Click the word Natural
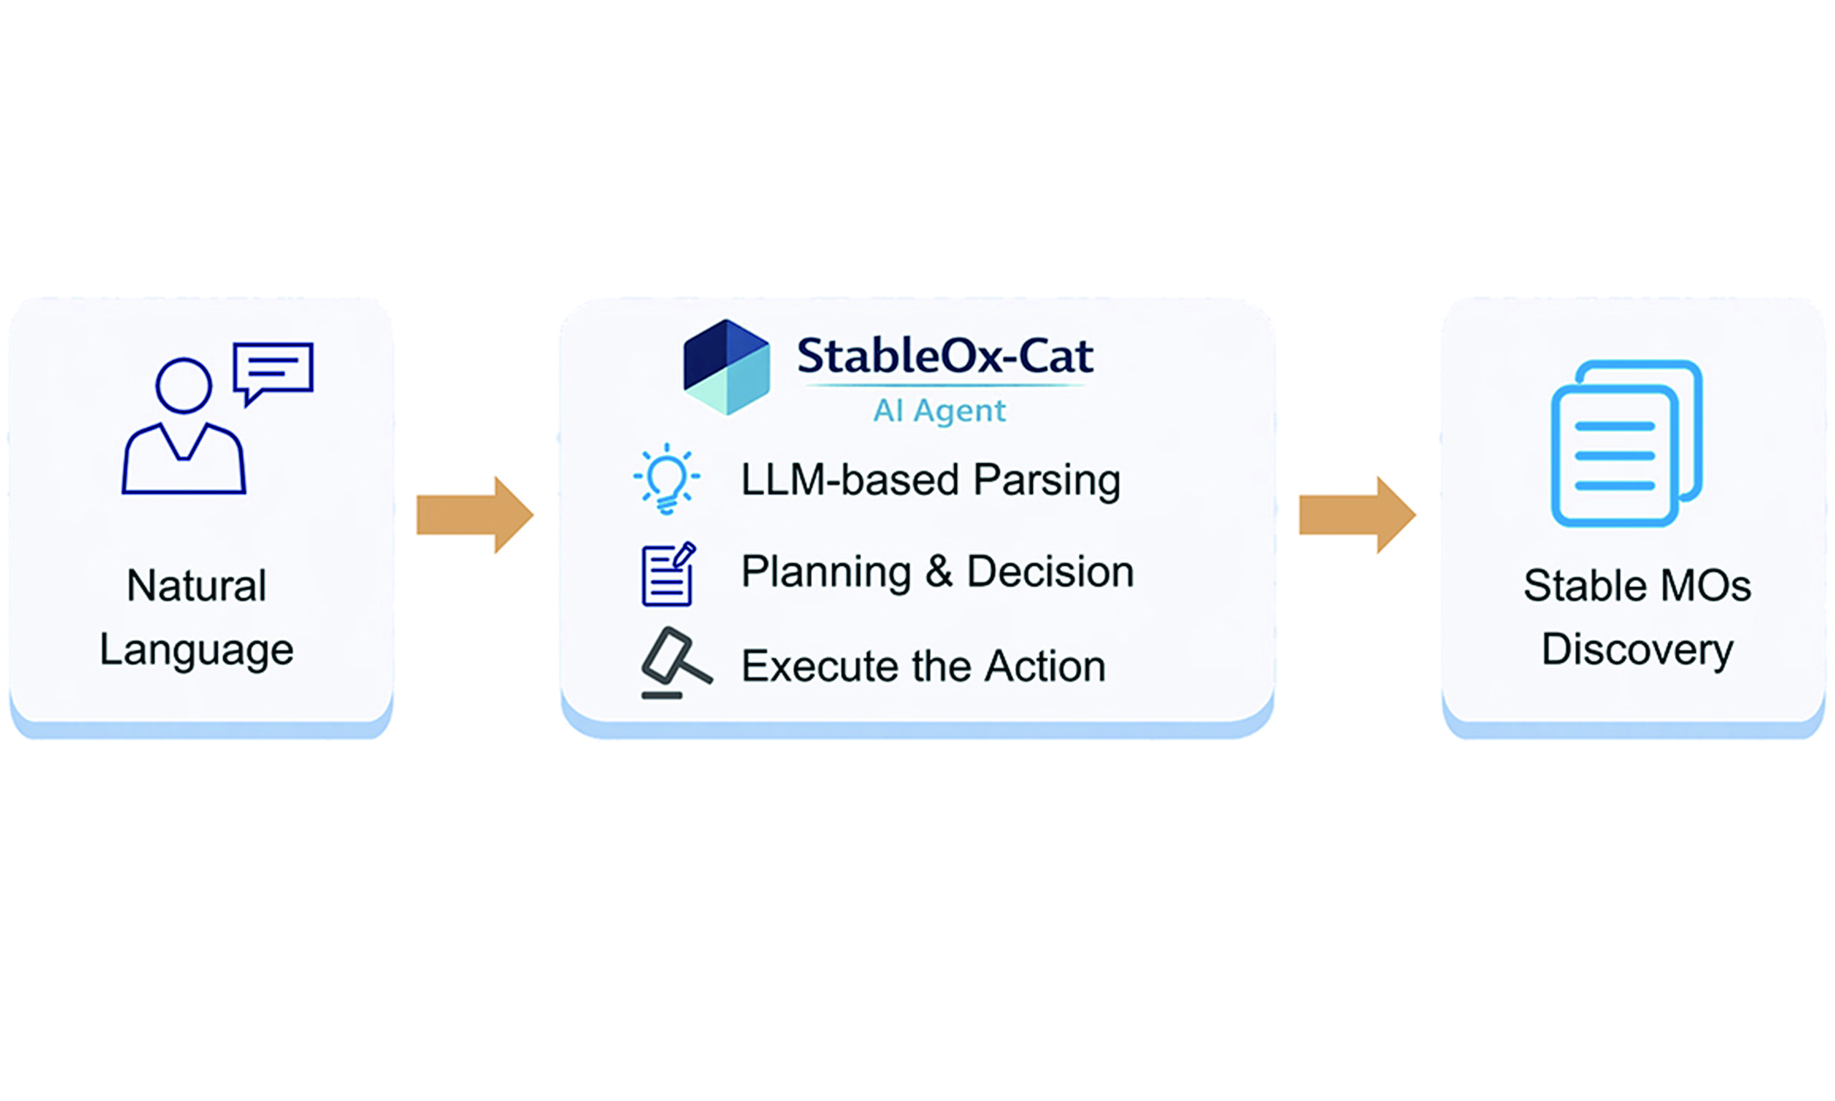196,586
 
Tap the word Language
196,651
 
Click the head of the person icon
183,386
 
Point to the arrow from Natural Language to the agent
475,515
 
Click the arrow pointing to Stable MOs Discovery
1358,515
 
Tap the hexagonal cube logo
726,367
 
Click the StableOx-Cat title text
945,356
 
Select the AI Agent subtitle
940,410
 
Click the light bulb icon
666,479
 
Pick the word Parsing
1047,481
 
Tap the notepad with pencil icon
668,574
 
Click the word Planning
826,573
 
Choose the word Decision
1050,572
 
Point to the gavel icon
676,662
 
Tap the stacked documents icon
1626,443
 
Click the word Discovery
1638,651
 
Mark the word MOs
1706,586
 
